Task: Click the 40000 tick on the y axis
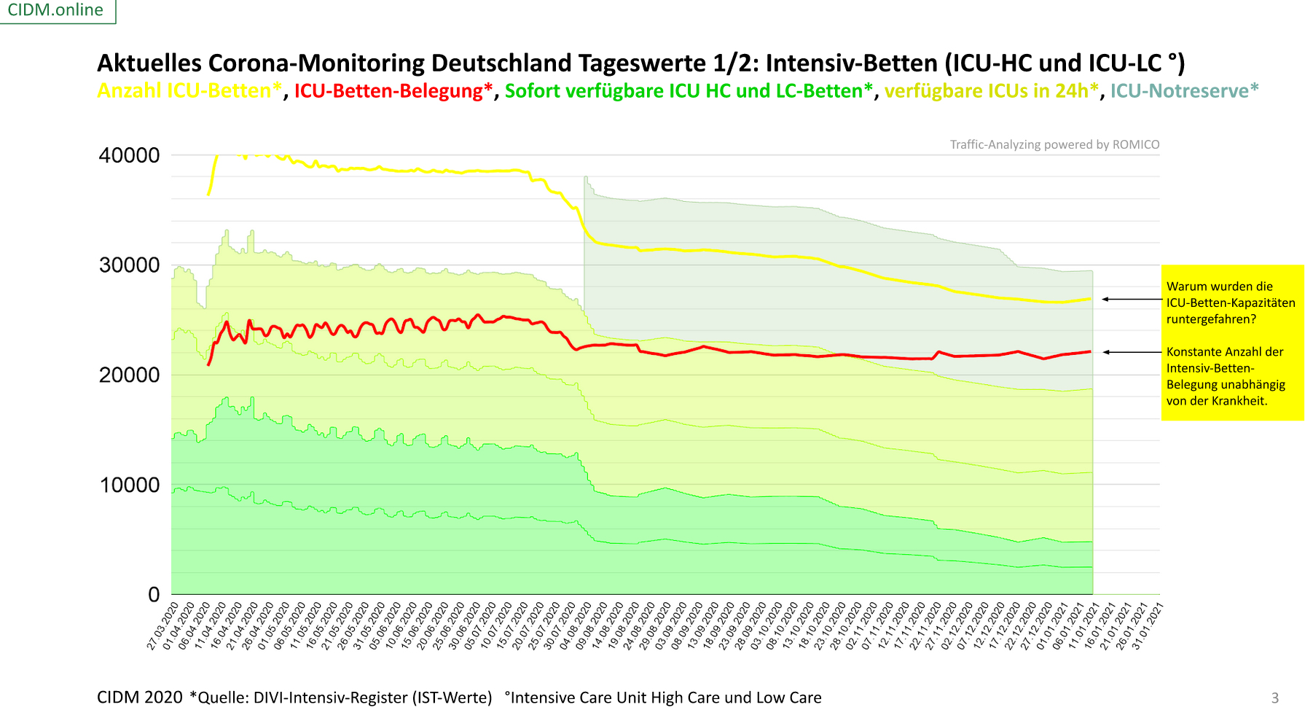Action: point(129,155)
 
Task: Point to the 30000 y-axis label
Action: point(129,265)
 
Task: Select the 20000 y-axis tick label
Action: point(129,375)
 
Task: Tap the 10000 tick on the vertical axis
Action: point(129,485)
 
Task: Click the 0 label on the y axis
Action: point(154,595)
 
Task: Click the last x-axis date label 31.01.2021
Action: point(1147,625)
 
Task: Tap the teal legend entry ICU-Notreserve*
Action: point(1184,91)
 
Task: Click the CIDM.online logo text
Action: point(55,10)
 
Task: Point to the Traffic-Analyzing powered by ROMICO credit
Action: point(1054,144)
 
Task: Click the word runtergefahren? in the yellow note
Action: point(1211,319)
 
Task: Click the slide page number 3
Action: point(1275,698)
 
